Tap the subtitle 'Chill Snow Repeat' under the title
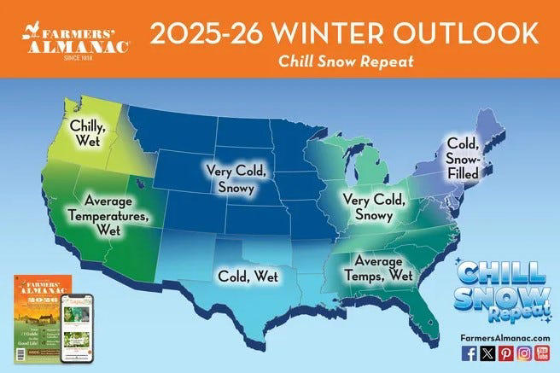coord(345,61)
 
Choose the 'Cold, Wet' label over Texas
coord(240,276)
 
